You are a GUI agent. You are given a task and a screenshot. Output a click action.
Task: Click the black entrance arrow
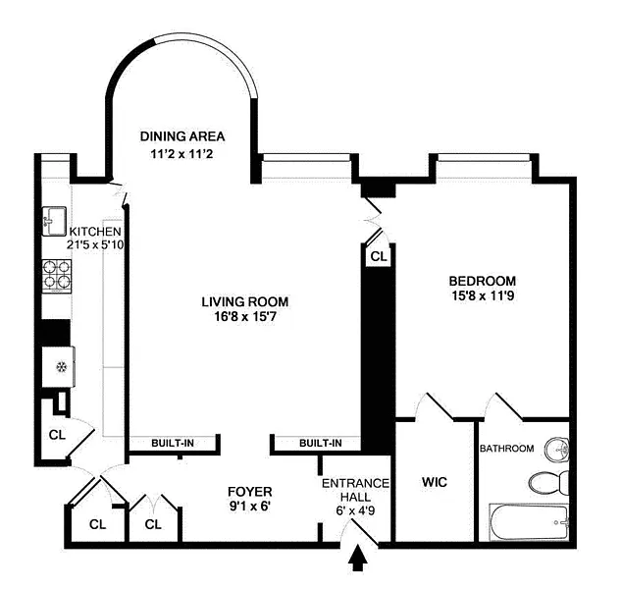tap(357, 558)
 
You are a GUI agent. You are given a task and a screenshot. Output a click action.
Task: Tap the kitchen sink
tap(54, 221)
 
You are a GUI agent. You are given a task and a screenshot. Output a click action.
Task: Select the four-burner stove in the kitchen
tap(57, 276)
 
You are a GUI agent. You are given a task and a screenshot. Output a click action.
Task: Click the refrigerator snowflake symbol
tap(61, 367)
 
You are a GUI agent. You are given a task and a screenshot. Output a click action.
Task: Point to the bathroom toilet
tap(549, 482)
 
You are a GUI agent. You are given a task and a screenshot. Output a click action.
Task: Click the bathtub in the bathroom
tap(529, 522)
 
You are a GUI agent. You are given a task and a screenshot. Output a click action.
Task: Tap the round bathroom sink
tap(557, 450)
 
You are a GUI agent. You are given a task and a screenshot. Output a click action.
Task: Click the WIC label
tap(435, 482)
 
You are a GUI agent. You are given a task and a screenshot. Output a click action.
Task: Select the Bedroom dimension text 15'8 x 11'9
tap(483, 295)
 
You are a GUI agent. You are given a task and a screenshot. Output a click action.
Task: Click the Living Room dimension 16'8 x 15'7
tap(245, 317)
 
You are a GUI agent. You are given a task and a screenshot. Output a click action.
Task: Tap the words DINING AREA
tap(182, 136)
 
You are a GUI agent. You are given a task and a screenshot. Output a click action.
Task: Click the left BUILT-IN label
tap(173, 443)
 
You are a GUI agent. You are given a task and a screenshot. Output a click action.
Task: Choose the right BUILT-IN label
tap(321, 443)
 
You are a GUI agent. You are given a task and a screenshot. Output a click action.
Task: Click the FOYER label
tap(250, 492)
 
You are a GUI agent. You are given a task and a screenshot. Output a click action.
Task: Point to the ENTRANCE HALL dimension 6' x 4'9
tap(355, 510)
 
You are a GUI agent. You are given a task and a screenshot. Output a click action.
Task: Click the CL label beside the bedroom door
tap(379, 257)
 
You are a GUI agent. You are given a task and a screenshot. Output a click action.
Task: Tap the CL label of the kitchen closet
tap(57, 435)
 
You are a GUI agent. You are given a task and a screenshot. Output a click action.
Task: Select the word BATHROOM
tap(506, 449)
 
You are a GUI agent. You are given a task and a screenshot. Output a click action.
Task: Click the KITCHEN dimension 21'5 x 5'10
tap(95, 245)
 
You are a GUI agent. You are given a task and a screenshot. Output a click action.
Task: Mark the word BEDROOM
tap(483, 281)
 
